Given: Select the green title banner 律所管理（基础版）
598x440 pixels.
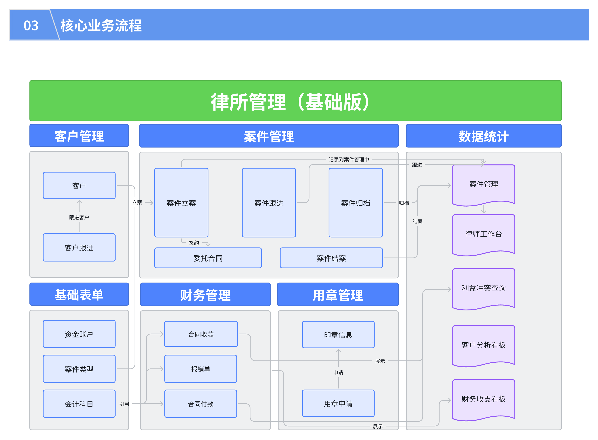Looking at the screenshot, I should [x=295, y=101].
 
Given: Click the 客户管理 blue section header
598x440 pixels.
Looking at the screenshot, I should [x=79, y=136].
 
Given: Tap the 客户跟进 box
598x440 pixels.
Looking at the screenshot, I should [x=79, y=248].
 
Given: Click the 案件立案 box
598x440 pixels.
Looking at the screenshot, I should [x=181, y=203].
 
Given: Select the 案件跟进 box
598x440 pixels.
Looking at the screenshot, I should [x=269, y=203].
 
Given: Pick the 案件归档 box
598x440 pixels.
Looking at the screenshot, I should [x=356, y=203].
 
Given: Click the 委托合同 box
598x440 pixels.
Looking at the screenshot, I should [x=208, y=258].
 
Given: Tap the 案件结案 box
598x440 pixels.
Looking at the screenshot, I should [x=331, y=258].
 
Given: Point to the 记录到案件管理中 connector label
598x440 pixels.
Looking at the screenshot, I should [x=349, y=159].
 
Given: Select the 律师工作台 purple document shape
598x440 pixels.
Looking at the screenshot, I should [x=484, y=234].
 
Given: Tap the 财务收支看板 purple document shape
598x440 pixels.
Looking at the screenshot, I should [x=484, y=399].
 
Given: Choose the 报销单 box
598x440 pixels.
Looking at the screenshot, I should [x=201, y=369].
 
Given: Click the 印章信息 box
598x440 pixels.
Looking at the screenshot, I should [x=338, y=335].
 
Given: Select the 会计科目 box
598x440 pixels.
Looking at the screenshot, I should [x=79, y=404].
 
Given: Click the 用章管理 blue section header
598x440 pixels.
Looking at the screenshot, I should [x=337, y=295].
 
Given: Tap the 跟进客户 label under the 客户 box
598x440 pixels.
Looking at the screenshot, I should [x=79, y=217].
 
